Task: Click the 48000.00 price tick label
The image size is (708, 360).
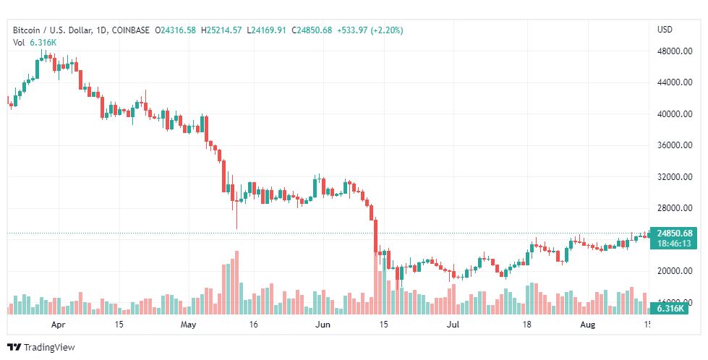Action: coord(670,51)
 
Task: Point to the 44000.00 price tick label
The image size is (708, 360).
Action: coord(670,82)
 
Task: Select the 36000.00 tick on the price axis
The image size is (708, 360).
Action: coord(670,145)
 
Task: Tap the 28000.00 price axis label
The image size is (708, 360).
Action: coord(670,208)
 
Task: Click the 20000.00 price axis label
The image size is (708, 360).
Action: coord(670,271)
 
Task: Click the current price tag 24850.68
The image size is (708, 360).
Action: coord(674,233)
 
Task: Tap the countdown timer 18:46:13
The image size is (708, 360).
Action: coord(674,244)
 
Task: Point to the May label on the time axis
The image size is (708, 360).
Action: coord(188,325)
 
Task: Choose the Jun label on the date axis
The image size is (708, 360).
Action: coord(322,325)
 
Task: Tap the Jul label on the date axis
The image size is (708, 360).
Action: coord(453,325)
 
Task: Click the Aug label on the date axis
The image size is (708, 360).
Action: coord(589,325)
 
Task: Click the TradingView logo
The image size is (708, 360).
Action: coord(42,348)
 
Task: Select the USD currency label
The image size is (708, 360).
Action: coord(665,30)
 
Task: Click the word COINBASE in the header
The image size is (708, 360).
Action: coord(132,30)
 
